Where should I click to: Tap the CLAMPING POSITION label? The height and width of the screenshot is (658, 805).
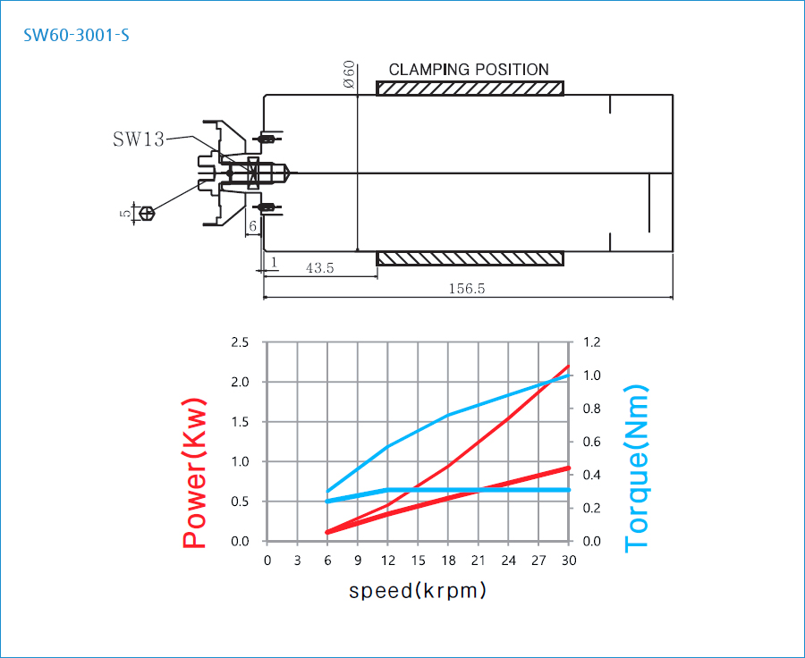[x=469, y=70]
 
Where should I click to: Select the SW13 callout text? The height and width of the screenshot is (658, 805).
[x=138, y=139]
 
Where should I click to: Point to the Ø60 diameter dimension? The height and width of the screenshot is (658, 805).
[x=349, y=74]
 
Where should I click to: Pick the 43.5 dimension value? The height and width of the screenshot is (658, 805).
[x=319, y=268]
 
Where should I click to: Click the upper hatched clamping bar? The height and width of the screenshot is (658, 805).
[x=470, y=89]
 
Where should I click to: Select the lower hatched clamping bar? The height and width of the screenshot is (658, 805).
[x=470, y=258]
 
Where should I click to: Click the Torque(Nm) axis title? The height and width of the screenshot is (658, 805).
[x=636, y=468]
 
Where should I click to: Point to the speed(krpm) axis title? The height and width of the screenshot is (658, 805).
[x=418, y=591]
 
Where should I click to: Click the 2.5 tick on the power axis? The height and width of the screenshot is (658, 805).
[x=240, y=342]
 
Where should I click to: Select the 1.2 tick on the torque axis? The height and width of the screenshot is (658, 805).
[x=593, y=342]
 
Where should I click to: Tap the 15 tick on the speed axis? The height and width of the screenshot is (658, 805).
[x=418, y=561]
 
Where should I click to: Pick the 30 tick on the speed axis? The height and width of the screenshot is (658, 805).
[x=568, y=561]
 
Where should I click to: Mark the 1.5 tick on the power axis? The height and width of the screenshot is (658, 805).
[x=240, y=422]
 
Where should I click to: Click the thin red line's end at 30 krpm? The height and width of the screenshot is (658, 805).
[x=568, y=366]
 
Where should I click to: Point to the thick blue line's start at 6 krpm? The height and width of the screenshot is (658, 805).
[x=327, y=502]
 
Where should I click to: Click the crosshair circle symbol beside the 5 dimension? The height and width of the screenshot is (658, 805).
[x=148, y=213]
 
